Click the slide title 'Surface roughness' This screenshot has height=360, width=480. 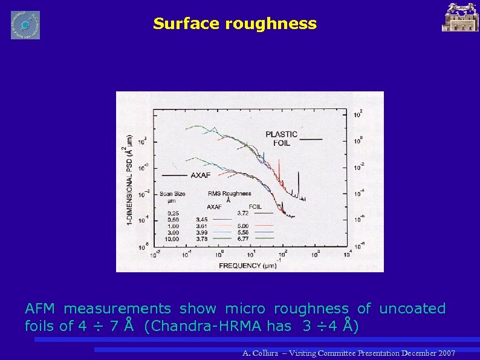click(x=235, y=24)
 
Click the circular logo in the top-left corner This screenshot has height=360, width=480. click(x=25, y=25)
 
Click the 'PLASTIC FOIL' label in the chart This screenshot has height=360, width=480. click(x=281, y=139)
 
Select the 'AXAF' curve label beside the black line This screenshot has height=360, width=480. click(x=200, y=175)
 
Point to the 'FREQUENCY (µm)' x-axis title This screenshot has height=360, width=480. click(x=248, y=265)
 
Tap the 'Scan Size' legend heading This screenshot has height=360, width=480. click(x=172, y=194)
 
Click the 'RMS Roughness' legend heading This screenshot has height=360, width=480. click(x=229, y=194)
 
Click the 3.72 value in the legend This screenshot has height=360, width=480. click(x=242, y=212)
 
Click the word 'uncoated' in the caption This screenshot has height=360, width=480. click(x=412, y=309)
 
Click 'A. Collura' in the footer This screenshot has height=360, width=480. click(x=261, y=353)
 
